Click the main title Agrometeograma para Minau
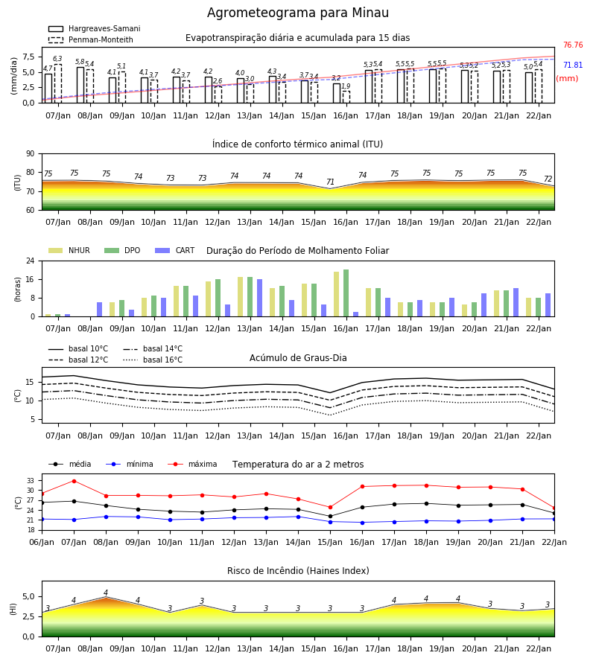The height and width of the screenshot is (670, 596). (297, 13)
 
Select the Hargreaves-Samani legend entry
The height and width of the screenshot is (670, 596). (95, 28)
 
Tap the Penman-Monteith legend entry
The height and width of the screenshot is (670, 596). (91, 39)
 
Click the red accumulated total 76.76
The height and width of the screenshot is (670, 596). (573, 45)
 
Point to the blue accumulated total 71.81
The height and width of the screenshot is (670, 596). (573, 65)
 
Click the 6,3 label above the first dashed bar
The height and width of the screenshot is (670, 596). (57, 59)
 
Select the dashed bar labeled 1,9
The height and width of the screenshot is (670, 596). (346, 97)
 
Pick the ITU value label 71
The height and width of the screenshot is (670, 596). (330, 182)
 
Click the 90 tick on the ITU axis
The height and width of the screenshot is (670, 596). (30, 154)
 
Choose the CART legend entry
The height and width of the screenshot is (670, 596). (175, 250)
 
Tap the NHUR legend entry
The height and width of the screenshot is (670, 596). (69, 250)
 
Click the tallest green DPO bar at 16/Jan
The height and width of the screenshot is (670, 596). (346, 293)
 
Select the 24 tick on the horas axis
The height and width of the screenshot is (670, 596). (30, 261)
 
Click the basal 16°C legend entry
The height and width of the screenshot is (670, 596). (153, 360)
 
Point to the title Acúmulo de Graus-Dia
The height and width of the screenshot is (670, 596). (298, 357)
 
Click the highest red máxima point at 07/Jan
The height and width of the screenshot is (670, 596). (74, 481)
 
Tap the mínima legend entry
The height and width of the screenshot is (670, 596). (130, 464)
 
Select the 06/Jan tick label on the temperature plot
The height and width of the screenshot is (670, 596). (42, 542)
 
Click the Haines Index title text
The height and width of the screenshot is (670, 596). (298, 571)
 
